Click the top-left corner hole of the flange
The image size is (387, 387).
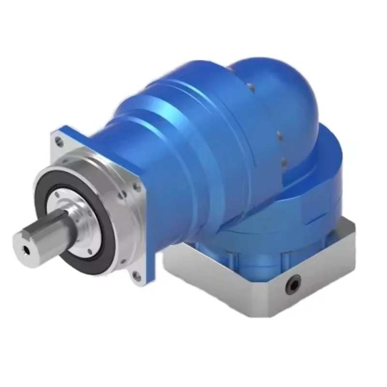pos(59,142)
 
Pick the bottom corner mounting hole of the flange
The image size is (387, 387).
pos(136,276)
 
